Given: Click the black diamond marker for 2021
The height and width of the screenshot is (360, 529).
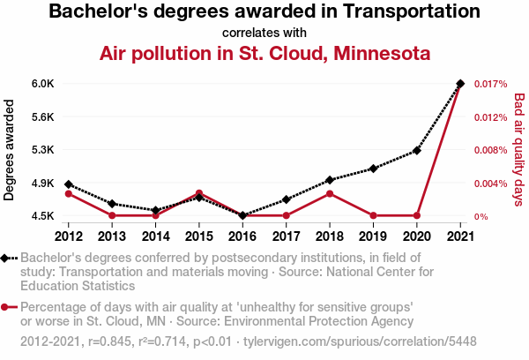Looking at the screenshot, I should click(460, 84).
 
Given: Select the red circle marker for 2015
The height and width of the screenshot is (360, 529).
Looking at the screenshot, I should click(199, 193).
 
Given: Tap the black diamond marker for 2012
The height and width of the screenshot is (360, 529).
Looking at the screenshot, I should click(69, 184).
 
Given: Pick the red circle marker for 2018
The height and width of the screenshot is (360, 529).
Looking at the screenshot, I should click(330, 193).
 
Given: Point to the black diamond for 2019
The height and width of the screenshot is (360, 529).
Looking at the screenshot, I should click(373, 169).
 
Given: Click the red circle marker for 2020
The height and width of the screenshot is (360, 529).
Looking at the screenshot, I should click(417, 215).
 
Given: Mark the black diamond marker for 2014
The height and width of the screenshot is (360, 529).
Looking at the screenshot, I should click(156, 211).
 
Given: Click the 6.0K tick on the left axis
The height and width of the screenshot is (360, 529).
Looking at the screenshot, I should click(43, 84).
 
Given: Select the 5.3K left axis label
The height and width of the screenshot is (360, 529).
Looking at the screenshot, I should click(43, 150).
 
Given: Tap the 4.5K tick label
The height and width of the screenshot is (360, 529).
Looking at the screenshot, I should click(43, 216).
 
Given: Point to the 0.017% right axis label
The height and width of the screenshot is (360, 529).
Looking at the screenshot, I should click(490, 84).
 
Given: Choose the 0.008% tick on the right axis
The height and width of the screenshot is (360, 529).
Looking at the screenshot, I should click(490, 150).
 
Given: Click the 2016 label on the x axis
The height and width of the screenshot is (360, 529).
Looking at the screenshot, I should click(242, 236).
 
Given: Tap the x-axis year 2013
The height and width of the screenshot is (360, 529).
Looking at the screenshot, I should click(112, 236).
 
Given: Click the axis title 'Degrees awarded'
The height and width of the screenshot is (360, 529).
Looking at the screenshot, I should click(10, 150).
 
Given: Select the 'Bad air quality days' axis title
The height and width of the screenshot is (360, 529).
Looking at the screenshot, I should click(518, 150).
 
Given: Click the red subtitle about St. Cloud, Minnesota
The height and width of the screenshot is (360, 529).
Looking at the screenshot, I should click(264, 54).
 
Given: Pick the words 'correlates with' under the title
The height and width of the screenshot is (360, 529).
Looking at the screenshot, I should click(264, 32).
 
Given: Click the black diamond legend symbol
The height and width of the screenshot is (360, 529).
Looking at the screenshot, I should click(8, 258).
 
